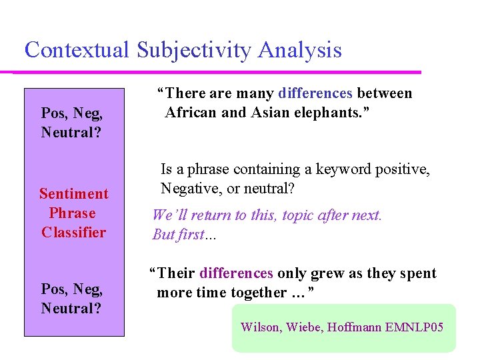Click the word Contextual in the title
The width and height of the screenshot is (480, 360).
click(x=77, y=50)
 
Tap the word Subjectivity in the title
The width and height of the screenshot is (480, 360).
click(x=194, y=50)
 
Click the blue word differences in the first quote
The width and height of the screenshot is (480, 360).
click(x=315, y=93)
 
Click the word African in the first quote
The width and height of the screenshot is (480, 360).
click(x=191, y=113)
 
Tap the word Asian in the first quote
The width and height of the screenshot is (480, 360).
click(x=270, y=113)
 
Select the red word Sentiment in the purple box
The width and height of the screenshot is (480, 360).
click(x=73, y=194)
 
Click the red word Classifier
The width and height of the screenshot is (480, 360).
click(x=73, y=233)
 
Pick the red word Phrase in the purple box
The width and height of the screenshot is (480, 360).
click(x=73, y=213)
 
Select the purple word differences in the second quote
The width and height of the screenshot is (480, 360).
click(x=236, y=273)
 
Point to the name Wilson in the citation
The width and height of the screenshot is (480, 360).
click(x=261, y=327)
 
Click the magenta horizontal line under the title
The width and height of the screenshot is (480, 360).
click(x=213, y=72)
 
